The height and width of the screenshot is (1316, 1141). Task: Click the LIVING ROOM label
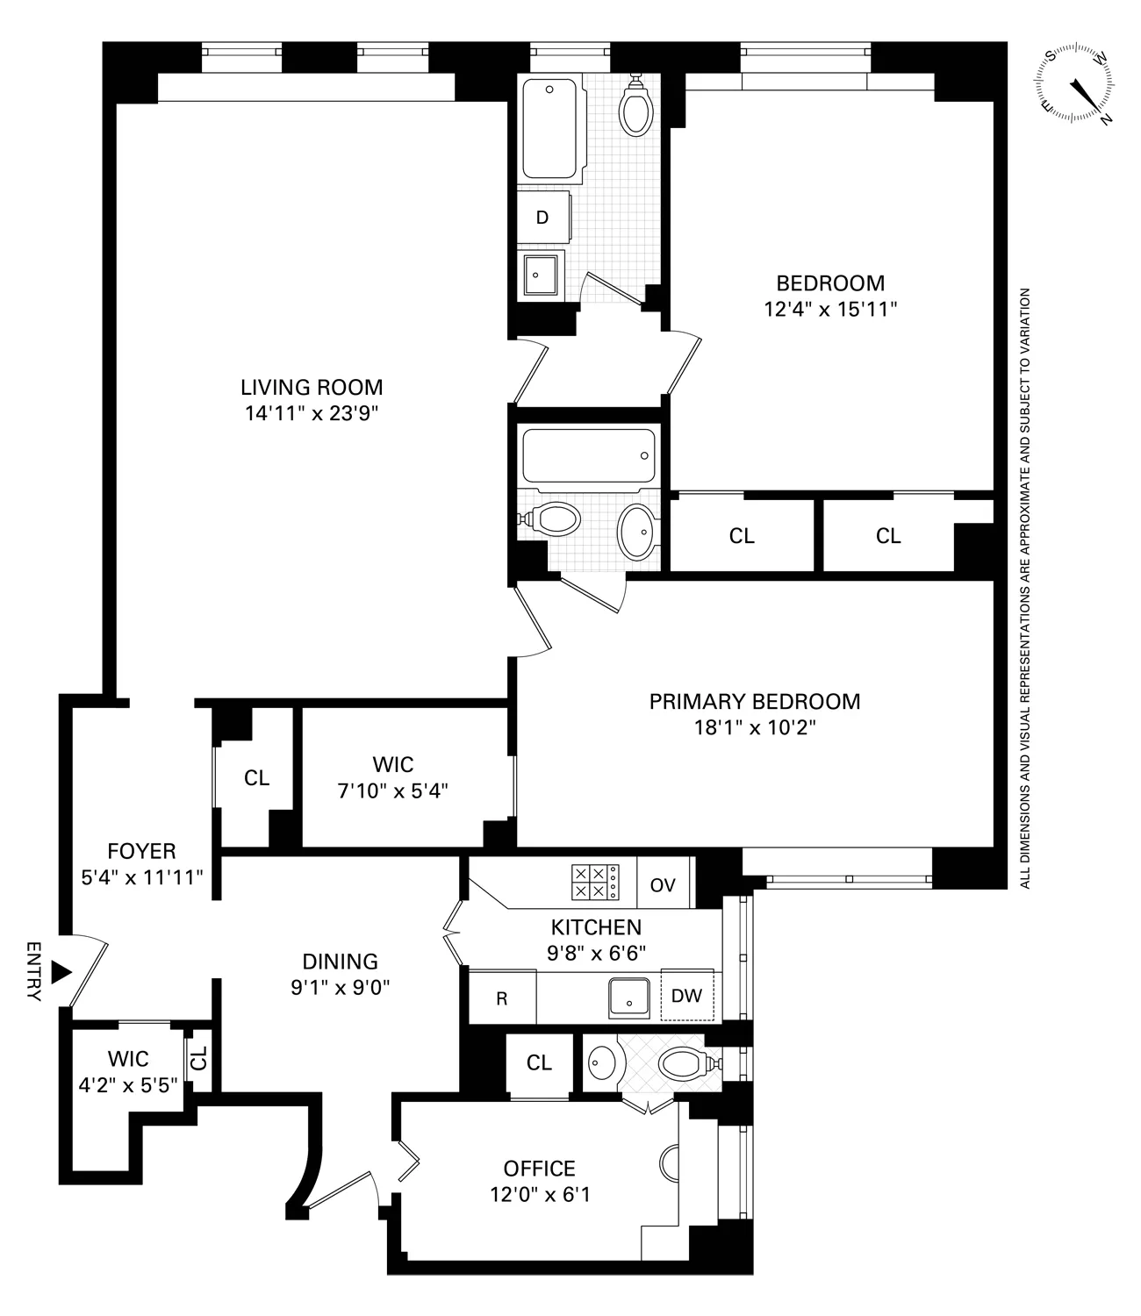coord(312,387)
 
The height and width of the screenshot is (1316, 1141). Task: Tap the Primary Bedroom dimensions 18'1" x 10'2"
coord(754,727)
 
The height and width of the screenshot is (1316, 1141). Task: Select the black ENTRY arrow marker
coord(60,972)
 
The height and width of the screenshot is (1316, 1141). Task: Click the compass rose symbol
coord(1078,85)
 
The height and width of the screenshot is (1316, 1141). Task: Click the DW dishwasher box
coord(686,996)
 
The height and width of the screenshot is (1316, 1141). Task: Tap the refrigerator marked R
coord(502,998)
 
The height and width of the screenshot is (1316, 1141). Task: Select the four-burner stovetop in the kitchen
coord(594,882)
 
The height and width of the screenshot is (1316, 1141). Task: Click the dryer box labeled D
coord(542,218)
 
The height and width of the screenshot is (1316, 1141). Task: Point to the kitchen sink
coord(629,997)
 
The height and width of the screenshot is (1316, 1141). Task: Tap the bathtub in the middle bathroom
coord(587,455)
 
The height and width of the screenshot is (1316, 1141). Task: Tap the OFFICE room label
coord(539,1169)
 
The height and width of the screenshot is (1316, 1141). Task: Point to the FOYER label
coord(141,851)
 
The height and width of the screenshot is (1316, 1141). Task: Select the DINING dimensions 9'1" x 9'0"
coord(340,987)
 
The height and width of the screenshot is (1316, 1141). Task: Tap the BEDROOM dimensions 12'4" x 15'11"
coord(830,309)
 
